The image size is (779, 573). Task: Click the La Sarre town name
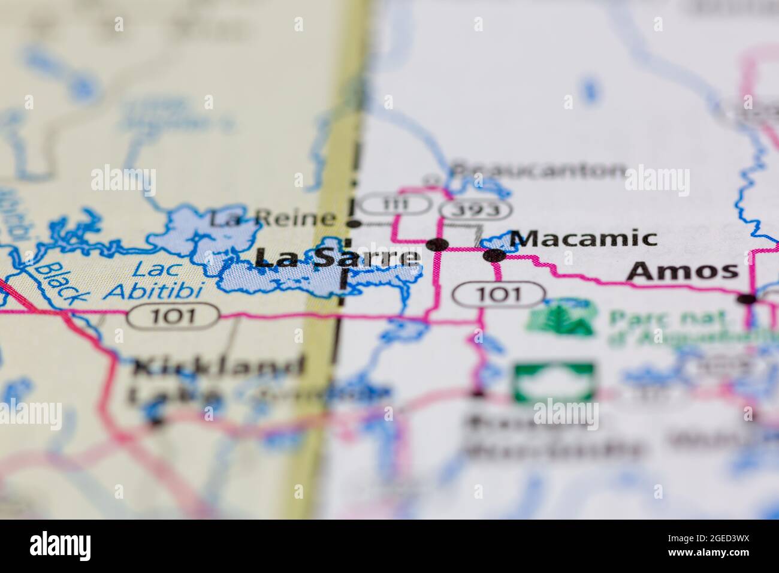coord(337,258)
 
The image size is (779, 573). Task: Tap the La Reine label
coord(271,219)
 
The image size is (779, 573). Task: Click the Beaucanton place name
coord(538,171)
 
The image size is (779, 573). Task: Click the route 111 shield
coord(397,204)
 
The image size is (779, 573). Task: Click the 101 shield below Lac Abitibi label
coord(173,315)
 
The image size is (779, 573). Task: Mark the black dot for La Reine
coord(355,224)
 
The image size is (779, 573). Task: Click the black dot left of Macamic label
coord(494,255)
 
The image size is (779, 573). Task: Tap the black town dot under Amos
coord(747,299)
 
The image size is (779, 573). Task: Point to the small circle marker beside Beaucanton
coord(431,179)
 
